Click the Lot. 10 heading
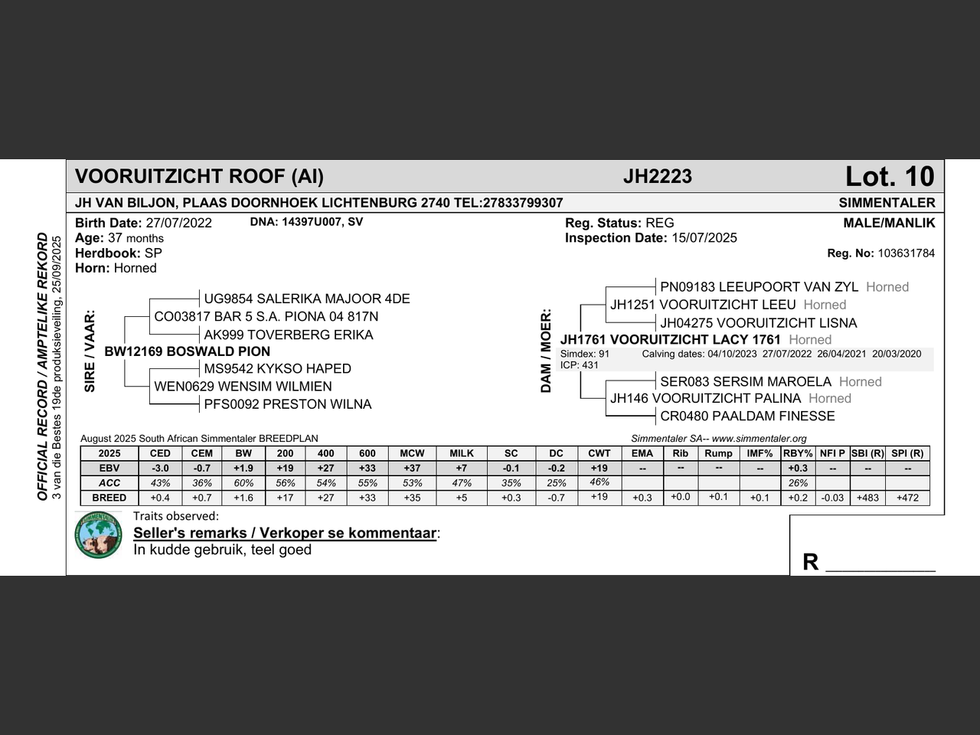[890, 177]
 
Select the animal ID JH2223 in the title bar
[657, 177]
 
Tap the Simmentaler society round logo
[99, 534]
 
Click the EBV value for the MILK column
[462, 468]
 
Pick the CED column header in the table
[160, 453]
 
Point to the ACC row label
[109, 483]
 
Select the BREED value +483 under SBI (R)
[867, 498]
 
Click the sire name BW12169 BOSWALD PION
[188, 351]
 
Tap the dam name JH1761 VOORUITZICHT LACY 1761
[671, 339]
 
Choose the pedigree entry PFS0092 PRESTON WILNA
[287, 404]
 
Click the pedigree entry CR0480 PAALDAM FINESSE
[747, 416]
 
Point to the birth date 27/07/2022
[179, 224]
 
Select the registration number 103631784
[906, 253]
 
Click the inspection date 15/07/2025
[704, 238]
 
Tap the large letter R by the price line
[810, 562]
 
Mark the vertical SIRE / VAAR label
[90, 351]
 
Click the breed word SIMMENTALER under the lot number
[887, 203]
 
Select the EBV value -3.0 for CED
[160, 468]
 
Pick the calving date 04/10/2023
[733, 354]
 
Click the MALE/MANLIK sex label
[889, 224]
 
